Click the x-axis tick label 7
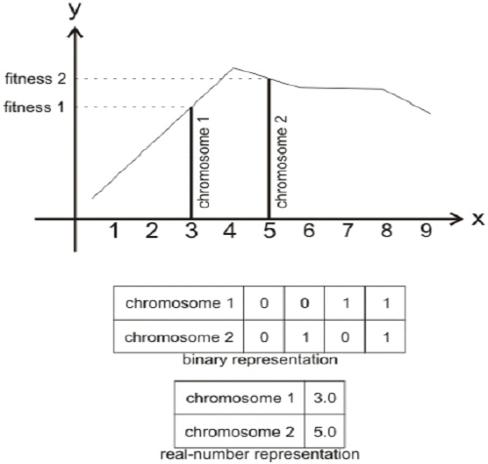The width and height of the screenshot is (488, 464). coord(347,231)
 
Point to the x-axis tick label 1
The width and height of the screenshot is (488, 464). coord(113,231)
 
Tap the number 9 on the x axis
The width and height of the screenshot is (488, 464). coord(426,230)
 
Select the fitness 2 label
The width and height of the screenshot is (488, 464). coord(35,79)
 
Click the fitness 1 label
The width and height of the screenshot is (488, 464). coord(34,107)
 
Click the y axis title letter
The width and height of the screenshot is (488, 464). coord(74,11)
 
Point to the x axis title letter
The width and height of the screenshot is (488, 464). coord(477,219)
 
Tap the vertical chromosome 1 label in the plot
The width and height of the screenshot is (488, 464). coord(204,163)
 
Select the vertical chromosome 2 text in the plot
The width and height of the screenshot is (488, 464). coord(281,162)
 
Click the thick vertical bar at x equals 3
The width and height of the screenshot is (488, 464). coord(191,163)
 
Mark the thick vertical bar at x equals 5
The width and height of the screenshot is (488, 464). coord(268,149)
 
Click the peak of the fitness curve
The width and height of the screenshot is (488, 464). coord(233,68)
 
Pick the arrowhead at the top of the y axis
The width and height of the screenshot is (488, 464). coord(75,32)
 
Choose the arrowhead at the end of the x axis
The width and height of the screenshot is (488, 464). coord(457,219)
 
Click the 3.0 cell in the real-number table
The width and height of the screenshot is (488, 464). coord(324,398)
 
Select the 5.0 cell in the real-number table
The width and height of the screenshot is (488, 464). coord(324,432)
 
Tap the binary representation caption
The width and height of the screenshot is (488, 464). coord(260,360)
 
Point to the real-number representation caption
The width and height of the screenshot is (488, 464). coord(260,454)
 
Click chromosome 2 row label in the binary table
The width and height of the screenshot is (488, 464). coord(179,337)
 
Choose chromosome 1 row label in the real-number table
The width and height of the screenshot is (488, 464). coord(240,398)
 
